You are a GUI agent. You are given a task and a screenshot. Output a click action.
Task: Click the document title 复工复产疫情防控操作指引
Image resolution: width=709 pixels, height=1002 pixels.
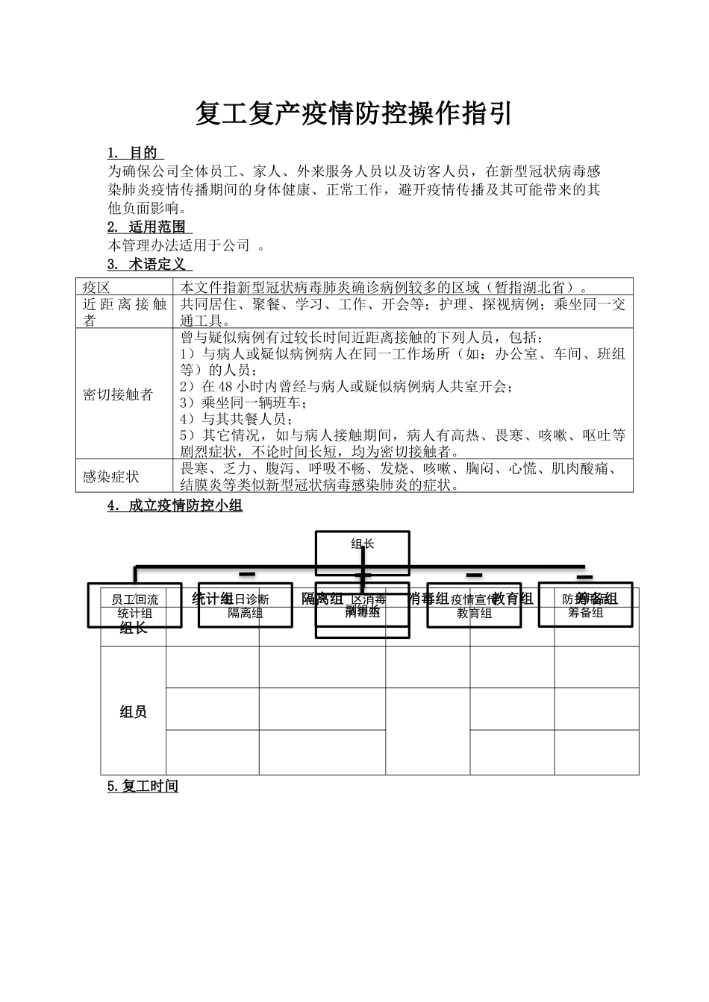(x=354, y=114)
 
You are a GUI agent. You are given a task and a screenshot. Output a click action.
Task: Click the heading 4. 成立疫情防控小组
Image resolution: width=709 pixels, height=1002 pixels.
(x=175, y=506)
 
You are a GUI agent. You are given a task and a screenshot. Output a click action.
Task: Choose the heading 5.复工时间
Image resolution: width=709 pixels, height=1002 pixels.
(x=143, y=786)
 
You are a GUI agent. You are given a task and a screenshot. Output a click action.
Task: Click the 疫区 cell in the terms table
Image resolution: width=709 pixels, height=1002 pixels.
(x=97, y=287)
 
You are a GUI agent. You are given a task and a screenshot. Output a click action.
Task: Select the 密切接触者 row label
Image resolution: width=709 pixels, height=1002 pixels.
(x=117, y=394)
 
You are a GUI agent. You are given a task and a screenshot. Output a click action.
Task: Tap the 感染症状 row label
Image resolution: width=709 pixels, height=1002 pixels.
(x=110, y=476)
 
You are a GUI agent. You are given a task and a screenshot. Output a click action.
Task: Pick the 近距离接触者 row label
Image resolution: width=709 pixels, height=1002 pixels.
(x=124, y=312)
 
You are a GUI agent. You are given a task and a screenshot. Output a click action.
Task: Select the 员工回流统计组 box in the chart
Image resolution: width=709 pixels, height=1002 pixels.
(x=135, y=605)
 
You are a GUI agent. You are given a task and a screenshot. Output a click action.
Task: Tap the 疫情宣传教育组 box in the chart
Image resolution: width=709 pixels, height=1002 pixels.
(x=473, y=605)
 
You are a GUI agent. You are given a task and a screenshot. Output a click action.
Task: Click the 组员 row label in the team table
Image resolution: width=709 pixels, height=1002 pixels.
(x=133, y=712)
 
